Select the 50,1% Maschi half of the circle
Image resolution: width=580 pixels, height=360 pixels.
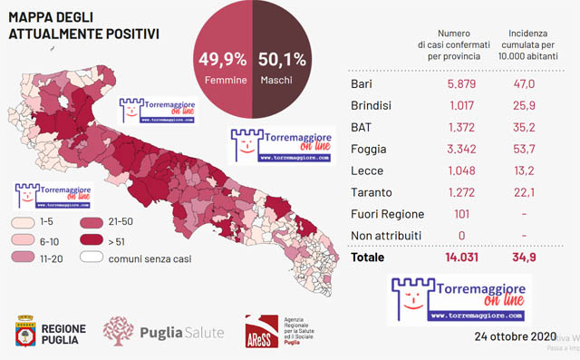pyautogui.click(x=282, y=63)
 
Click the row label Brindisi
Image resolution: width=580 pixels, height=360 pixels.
pyautogui.click(x=372, y=106)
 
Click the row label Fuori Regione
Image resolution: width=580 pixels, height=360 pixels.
pyautogui.click(x=387, y=214)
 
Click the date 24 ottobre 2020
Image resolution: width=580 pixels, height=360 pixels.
pyautogui.click(x=513, y=336)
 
